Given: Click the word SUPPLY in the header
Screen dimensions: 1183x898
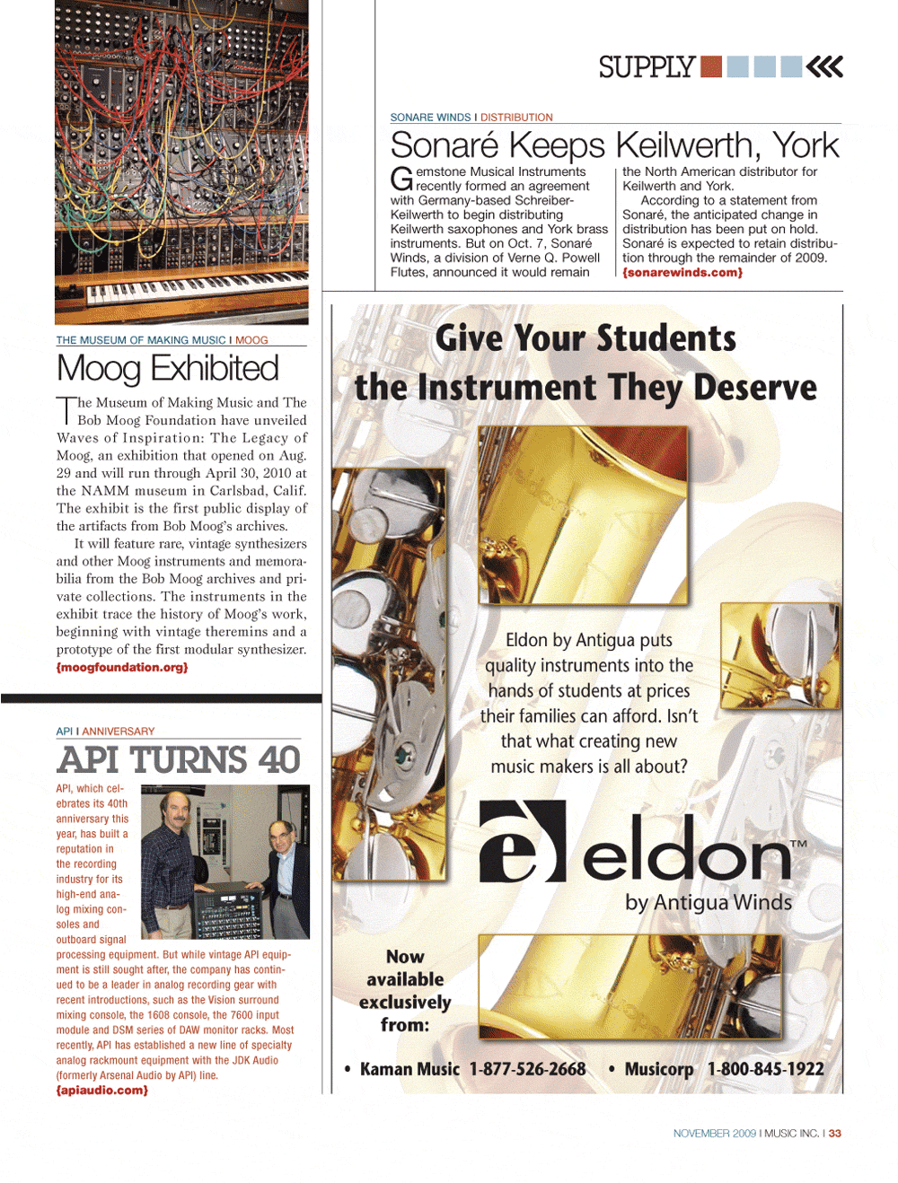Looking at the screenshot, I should (647, 67).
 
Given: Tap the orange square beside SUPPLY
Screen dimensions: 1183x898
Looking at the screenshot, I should (711, 66).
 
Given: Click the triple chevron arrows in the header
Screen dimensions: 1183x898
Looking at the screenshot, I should (824, 66).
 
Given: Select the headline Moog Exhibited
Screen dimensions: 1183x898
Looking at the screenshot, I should (168, 369).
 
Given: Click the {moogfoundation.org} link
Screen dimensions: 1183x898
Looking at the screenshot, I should (122, 668).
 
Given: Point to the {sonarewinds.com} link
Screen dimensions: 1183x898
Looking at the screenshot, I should (682, 273).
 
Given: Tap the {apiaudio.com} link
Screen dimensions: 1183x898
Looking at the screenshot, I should (102, 1091).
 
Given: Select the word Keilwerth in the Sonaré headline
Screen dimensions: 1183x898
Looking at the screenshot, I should (685, 145).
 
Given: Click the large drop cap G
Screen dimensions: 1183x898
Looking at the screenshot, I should (401, 179).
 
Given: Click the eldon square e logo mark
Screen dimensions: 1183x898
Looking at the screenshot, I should (523, 841).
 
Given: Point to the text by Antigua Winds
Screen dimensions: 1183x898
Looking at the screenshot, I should (709, 903).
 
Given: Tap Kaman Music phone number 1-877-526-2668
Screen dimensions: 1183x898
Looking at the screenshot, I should (527, 1069).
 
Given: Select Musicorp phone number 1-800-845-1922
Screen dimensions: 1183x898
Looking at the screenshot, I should (765, 1069).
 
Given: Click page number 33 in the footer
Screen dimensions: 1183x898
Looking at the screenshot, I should (835, 1134).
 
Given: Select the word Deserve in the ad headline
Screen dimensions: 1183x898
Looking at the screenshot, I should (755, 388).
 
